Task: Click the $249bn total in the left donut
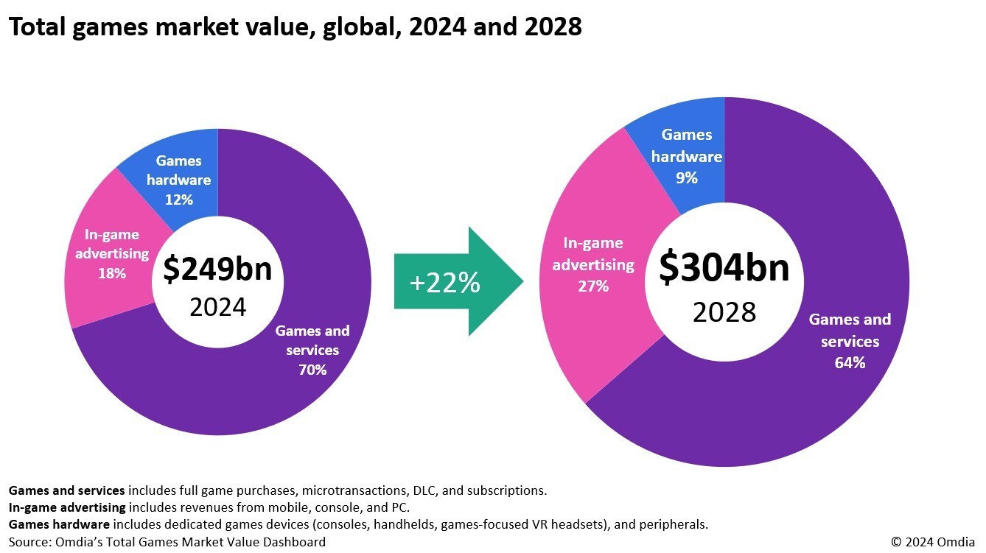(217, 269)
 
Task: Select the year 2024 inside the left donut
(218, 307)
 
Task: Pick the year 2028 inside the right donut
(724, 312)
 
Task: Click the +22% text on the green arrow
(444, 283)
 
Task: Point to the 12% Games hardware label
(179, 180)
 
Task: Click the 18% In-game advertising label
(112, 254)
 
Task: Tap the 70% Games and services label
(312, 351)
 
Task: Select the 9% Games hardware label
(687, 156)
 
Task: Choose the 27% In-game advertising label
(593, 264)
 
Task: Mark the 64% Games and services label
(850, 341)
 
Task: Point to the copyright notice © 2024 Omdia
(933, 541)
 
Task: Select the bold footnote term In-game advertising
(67, 507)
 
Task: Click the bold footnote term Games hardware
(59, 524)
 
